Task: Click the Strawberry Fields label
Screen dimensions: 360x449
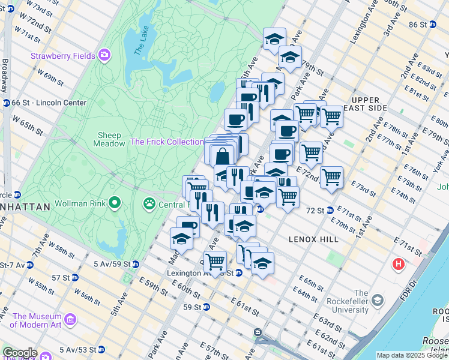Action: pos(63,56)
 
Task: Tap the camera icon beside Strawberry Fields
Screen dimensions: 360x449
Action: pos(105,55)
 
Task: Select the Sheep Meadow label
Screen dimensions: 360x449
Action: pos(109,139)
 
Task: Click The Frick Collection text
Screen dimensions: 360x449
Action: pos(167,142)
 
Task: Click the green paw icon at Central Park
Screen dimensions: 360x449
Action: pos(148,204)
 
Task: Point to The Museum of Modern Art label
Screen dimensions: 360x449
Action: pos(37,321)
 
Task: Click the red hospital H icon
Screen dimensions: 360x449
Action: pos(397,263)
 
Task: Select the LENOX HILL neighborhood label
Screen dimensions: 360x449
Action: pos(313,239)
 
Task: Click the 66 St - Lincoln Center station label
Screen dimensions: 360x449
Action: pos(48,103)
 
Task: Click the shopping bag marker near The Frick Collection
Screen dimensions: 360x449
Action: pos(222,155)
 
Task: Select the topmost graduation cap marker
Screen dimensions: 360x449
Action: pos(274,39)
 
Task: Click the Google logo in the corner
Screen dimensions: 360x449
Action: pos(20,352)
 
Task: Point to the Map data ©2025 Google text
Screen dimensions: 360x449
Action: pos(412,355)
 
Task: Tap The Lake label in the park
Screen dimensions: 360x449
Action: pos(140,44)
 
